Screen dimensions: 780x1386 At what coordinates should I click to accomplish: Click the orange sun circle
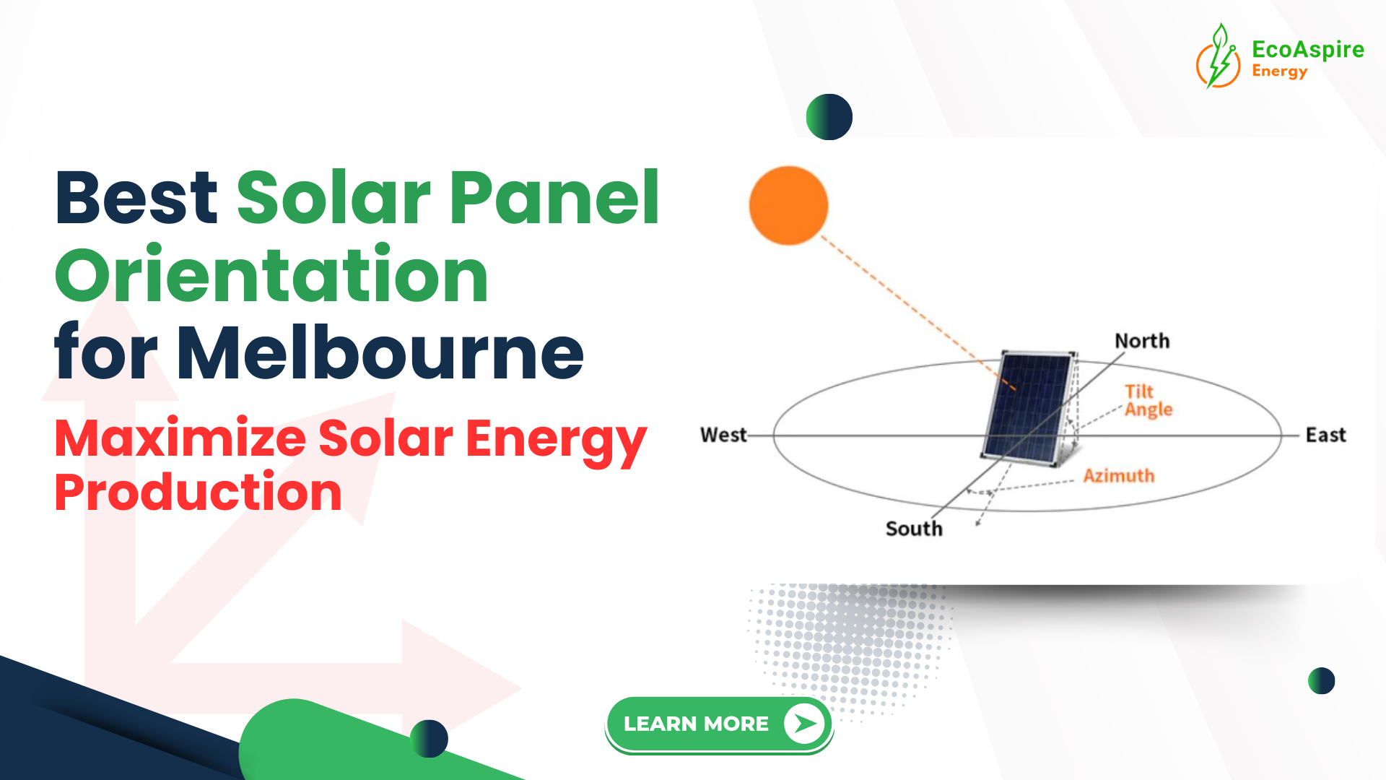(x=788, y=206)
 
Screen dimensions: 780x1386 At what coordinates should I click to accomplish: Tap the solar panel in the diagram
(x=1028, y=406)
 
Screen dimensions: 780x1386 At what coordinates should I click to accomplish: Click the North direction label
(x=1141, y=341)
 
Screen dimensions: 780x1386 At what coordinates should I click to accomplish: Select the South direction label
(x=914, y=529)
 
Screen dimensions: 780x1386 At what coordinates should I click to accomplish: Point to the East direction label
(x=1325, y=435)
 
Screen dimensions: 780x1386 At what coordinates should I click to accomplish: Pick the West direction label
(x=723, y=435)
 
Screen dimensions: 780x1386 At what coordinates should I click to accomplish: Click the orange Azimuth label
(x=1118, y=476)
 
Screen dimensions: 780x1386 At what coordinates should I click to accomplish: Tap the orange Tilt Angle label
(x=1148, y=401)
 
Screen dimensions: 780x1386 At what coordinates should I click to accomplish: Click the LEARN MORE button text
(x=696, y=724)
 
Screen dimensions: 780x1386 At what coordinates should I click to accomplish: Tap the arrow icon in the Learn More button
(x=804, y=724)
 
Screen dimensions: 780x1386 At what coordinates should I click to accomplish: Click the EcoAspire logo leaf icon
(x=1219, y=56)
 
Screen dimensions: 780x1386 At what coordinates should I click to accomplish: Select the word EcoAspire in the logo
(x=1307, y=49)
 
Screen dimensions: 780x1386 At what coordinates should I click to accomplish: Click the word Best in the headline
(x=136, y=197)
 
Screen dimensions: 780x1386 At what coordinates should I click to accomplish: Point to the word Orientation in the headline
(x=271, y=275)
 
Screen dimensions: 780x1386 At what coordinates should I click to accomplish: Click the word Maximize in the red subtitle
(x=180, y=439)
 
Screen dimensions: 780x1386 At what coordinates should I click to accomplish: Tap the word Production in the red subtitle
(x=198, y=493)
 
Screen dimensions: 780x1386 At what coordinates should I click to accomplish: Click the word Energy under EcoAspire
(x=1279, y=71)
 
